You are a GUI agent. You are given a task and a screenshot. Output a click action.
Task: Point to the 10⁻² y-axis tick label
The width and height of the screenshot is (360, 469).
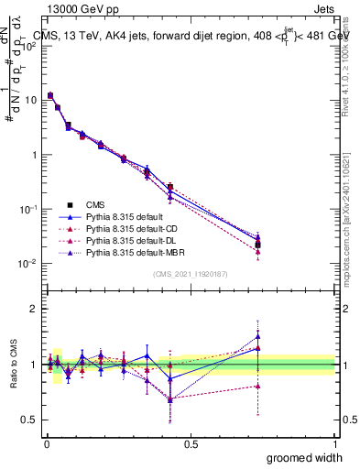coord(26,264)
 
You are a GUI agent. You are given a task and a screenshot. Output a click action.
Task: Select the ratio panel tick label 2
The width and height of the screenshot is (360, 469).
coord(33,309)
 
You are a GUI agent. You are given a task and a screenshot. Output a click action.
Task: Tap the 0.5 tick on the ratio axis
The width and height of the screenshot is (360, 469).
coord(29,420)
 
